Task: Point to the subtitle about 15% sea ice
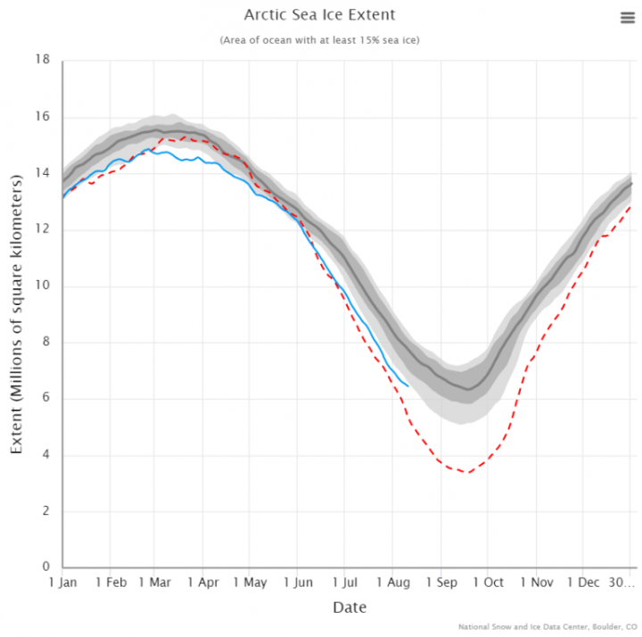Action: [319, 40]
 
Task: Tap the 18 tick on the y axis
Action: [42, 61]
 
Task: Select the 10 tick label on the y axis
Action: [42, 285]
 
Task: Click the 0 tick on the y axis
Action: [45, 567]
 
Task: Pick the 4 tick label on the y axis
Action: [45, 455]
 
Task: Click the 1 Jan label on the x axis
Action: [62, 583]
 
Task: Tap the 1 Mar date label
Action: [154, 583]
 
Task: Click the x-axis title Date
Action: [350, 608]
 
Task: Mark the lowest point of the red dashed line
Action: [466, 473]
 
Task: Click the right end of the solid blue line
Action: [408, 385]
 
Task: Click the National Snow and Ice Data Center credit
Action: [547, 626]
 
